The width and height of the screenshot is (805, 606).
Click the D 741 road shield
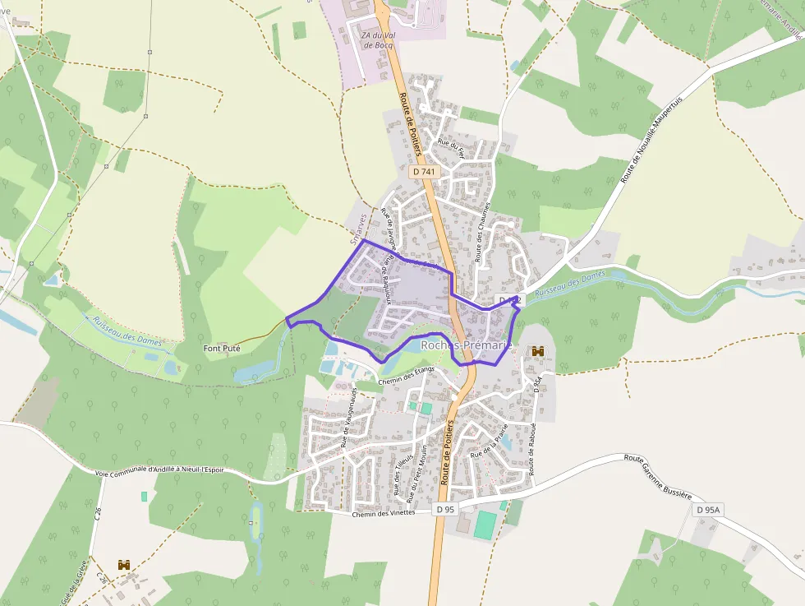click(x=424, y=171)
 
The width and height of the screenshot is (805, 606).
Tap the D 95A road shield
click(x=707, y=510)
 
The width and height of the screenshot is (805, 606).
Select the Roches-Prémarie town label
click(x=466, y=346)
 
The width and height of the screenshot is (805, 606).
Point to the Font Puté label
click(x=222, y=349)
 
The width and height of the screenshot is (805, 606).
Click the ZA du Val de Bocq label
click(x=377, y=39)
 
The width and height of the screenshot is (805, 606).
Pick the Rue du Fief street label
click(x=451, y=147)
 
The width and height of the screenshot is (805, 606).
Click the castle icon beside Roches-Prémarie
click(x=539, y=351)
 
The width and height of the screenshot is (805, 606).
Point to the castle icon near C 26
click(x=124, y=565)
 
